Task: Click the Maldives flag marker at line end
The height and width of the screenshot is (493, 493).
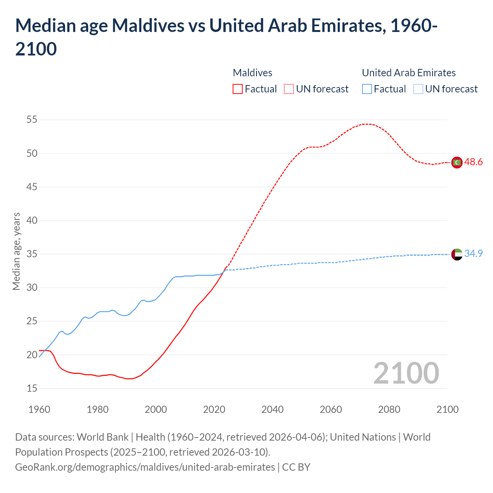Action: (x=457, y=163)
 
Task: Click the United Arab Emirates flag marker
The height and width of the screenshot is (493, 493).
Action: (x=457, y=254)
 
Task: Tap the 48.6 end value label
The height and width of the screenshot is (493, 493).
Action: (x=473, y=162)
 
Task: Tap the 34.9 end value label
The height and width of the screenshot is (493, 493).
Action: (x=473, y=253)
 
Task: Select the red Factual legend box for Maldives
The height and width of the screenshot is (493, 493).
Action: (x=238, y=89)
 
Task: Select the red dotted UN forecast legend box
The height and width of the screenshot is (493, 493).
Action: (x=289, y=89)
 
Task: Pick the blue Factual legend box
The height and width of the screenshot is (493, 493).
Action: (x=367, y=89)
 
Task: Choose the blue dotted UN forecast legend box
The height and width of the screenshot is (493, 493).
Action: (x=418, y=89)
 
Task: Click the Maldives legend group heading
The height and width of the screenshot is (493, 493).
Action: (x=253, y=73)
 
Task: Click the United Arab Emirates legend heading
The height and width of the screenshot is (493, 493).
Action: (x=409, y=73)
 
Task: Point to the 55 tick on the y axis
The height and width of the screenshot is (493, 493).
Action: (x=32, y=120)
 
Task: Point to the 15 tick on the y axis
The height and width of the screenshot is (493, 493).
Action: (x=32, y=388)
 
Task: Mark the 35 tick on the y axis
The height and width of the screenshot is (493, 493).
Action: (x=32, y=254)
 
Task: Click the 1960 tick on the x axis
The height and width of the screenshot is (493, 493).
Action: (x=39, y=409)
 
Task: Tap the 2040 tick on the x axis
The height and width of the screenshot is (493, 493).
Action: (x=272, y=409)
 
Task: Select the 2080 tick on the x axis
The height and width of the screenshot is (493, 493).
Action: (x=389, y=409)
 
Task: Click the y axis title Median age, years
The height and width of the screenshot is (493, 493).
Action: (x=16, y=251)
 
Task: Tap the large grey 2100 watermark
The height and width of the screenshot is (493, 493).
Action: (x=406, y=373)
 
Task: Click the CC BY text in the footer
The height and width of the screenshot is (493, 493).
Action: (x=296, y=467)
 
